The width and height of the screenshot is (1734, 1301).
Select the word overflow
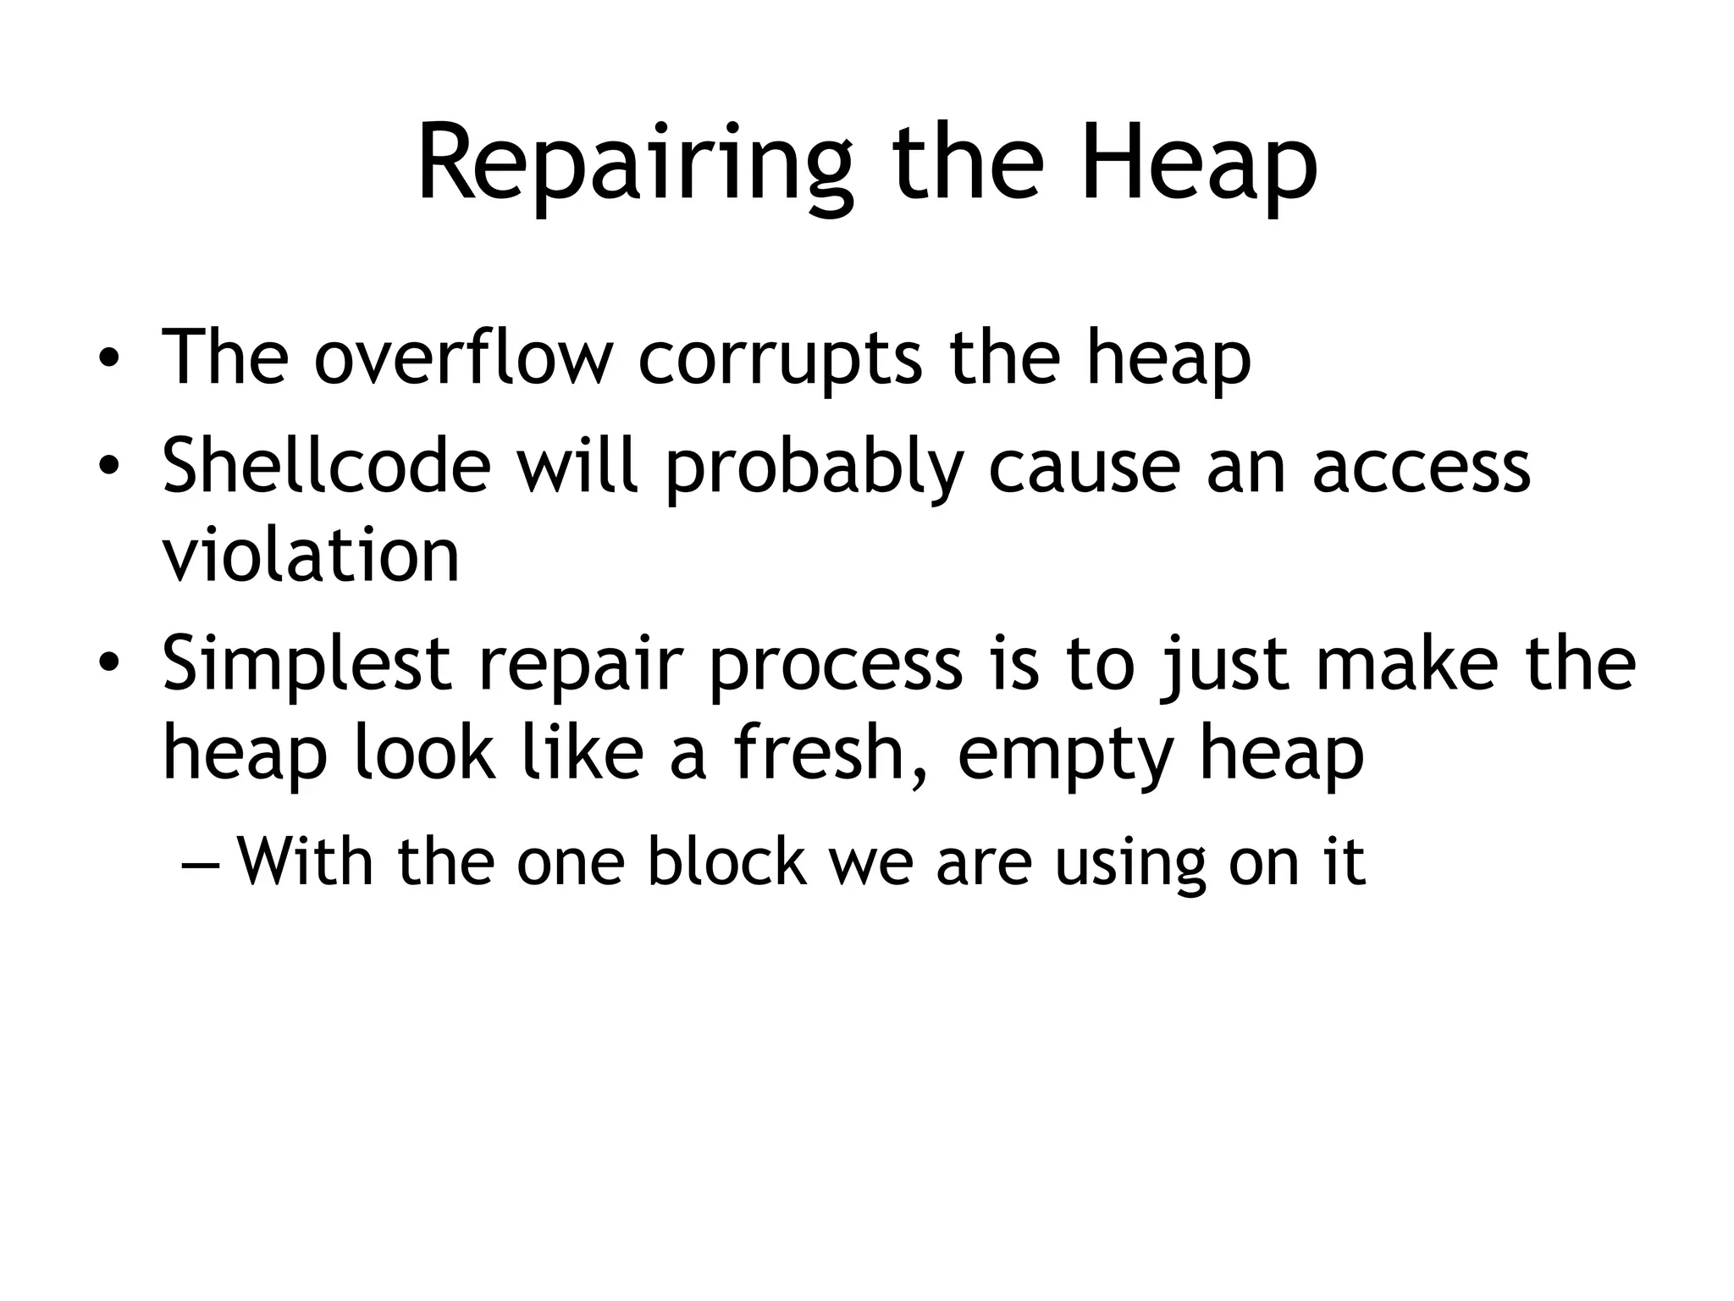(x=463, y=357)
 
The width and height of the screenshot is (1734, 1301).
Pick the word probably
(x=814, y=468)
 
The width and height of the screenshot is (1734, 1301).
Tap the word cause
(x=1084, y=467)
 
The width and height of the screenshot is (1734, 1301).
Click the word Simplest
(x=306, y=664)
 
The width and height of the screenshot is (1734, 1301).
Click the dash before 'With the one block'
(x=200, y=863)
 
